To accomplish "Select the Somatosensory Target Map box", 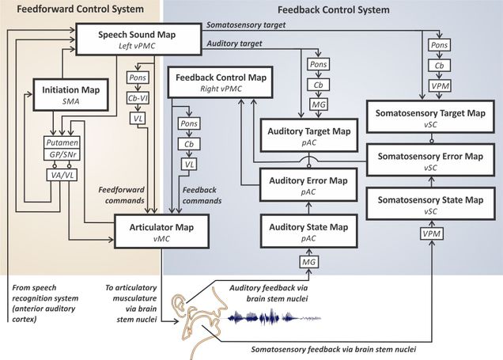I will (x=430, y=119).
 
